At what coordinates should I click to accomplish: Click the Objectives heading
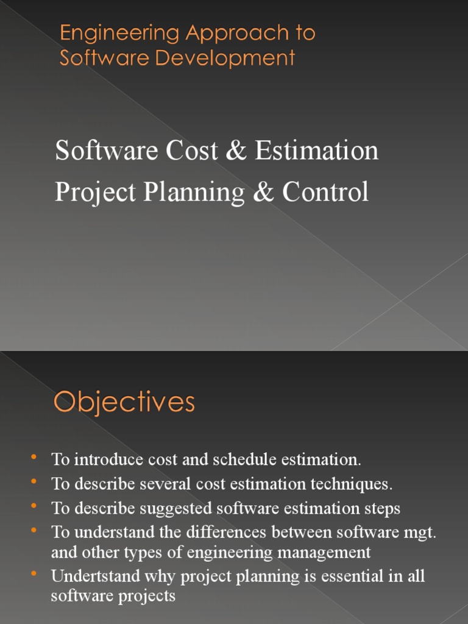124,403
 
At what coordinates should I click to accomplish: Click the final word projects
146,597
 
